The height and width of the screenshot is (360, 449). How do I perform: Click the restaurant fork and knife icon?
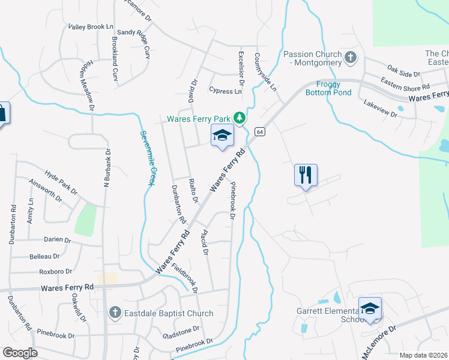306,175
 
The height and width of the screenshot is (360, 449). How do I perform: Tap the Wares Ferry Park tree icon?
240,118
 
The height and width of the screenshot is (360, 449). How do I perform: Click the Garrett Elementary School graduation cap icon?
370,309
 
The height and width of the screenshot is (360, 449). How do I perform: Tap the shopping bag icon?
2,113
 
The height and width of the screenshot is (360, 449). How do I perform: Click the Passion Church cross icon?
351,58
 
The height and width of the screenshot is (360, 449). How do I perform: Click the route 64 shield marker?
260,131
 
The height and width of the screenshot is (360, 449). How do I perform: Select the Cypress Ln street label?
225,91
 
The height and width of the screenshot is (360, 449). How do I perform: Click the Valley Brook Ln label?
91,27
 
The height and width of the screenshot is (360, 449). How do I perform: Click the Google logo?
20,353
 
